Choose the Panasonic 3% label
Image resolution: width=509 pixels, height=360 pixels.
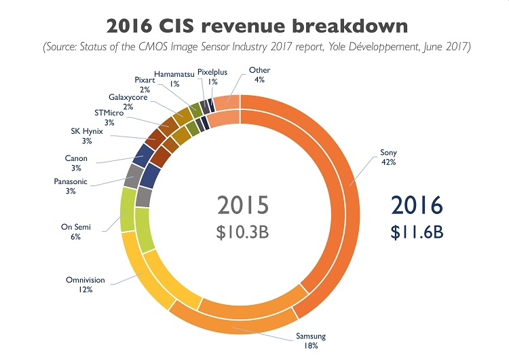point(71,187)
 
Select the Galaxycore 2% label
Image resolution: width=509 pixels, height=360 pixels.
point(128,103)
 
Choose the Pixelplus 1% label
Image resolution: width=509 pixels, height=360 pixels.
point(213,77)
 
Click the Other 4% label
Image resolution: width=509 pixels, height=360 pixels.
point(259,75)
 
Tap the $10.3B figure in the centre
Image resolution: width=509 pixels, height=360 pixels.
point(243,232)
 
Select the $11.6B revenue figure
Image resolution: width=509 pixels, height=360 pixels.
point(417,231)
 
